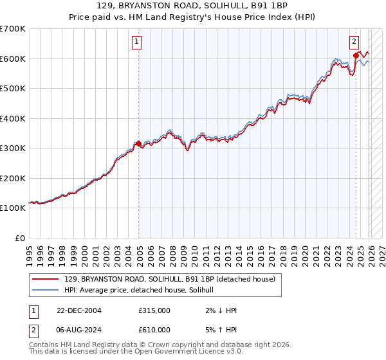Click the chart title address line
[x=192, y=6]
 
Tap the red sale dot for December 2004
[x=139, y=144]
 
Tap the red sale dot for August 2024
[x=356, y=56]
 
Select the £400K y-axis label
[x=13, y=118]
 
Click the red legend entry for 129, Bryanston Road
[x=170, y=279]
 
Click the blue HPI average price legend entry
[x=143, y=290]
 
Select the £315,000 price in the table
[x=154, y=310]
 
